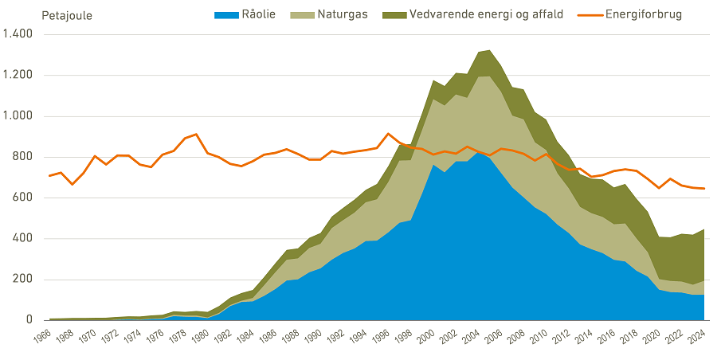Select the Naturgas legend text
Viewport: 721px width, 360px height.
pos(342,15)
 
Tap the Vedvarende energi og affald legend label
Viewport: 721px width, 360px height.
pos(486,15)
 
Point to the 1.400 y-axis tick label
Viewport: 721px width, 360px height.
pos(18,34)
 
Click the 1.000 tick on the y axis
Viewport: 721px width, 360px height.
pos(18,116)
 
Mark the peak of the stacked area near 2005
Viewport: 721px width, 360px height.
pos(489,50)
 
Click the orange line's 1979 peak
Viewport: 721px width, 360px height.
pos(196,134)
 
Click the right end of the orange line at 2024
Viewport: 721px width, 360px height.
pos(704,189)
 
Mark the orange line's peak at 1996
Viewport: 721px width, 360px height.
pos(388,134)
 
